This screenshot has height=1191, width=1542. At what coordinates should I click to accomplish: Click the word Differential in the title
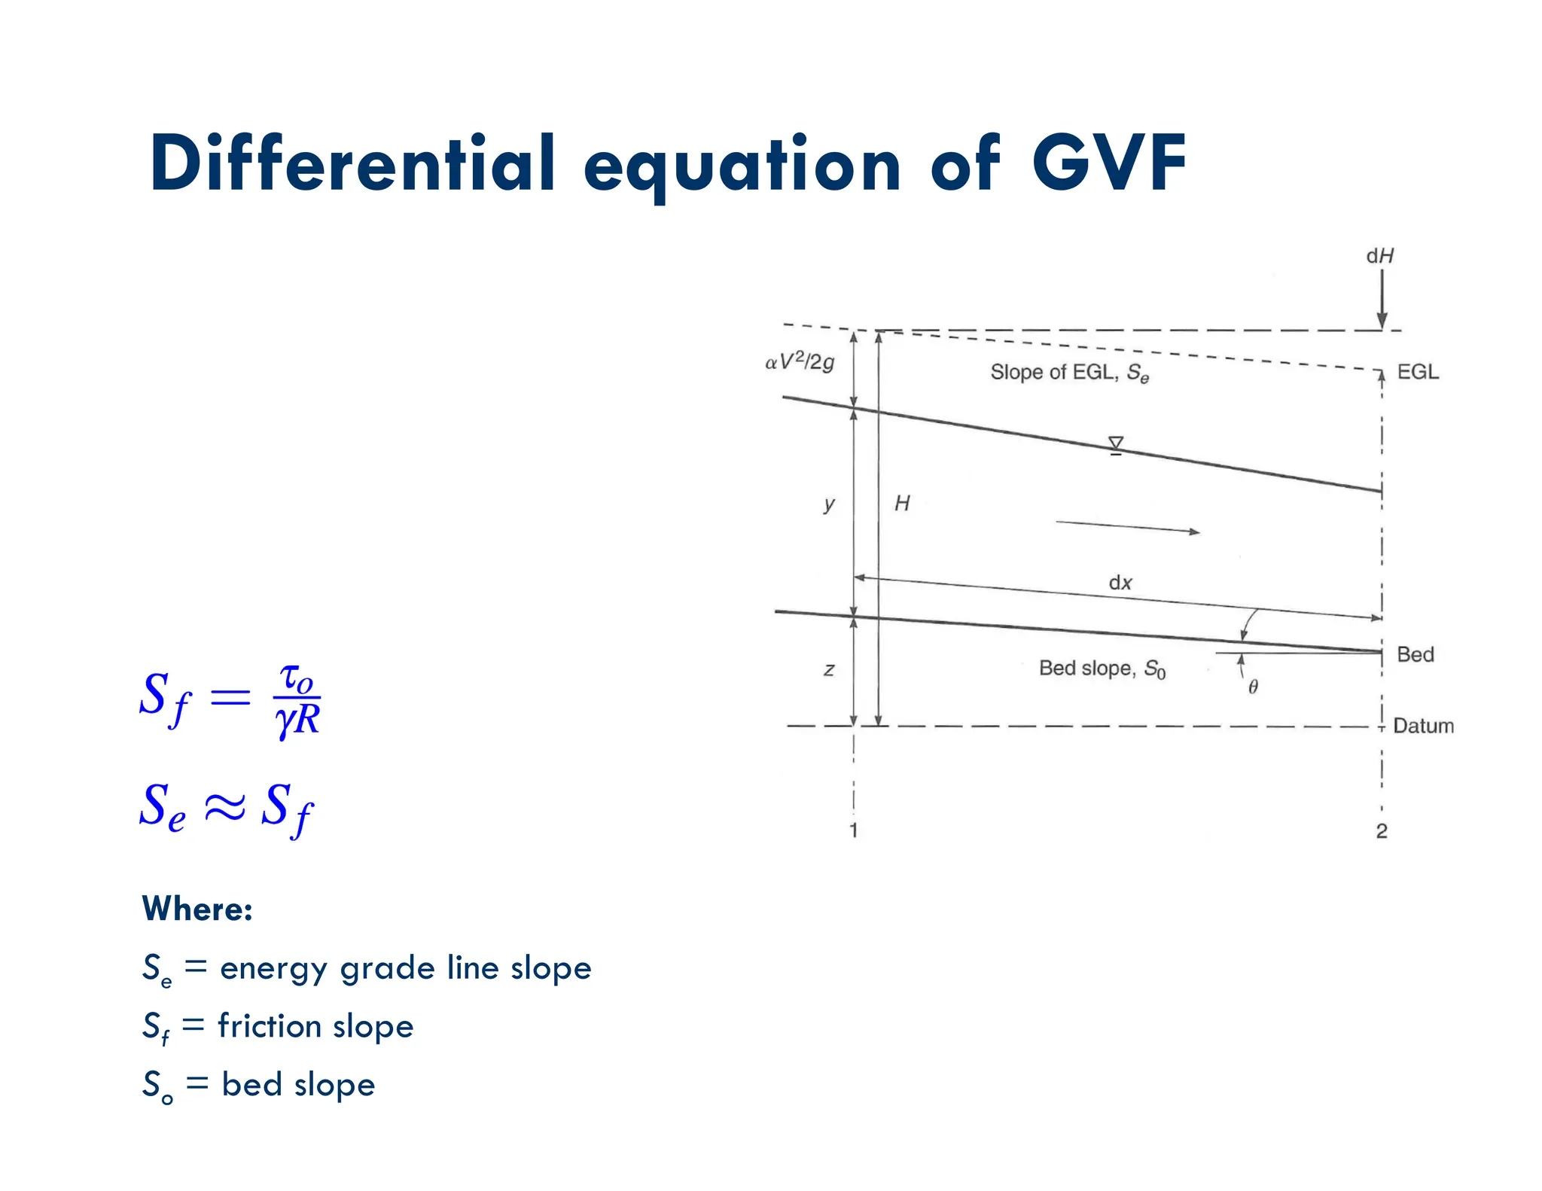click(x=352, y=163)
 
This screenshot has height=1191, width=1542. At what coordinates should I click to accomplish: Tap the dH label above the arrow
click(x=1380, y=256)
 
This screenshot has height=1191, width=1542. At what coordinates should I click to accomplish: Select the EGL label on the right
click(x=1417, y=372)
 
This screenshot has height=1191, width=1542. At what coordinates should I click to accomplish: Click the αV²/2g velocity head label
click(x=800, y=363)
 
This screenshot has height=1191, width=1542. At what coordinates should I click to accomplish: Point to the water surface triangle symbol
click(x=1116, y=445)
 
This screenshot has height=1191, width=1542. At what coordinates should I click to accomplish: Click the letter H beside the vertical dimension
click(x=902, y=503)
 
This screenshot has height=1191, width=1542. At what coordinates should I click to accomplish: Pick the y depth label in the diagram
click(x=829, y=504)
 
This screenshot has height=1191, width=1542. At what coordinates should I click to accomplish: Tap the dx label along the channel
click(x=1120, y=583)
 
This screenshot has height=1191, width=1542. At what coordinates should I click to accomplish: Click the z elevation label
click(x=829, y=669)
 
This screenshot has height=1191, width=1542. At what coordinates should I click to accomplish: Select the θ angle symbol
click(x=1253, y=687)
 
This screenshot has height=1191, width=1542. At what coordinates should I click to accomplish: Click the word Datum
click(x=1423, y=726)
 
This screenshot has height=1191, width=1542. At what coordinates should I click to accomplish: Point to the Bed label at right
click(x=1415, y=654)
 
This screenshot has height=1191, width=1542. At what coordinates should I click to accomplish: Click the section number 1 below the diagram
click(x=853, y=830)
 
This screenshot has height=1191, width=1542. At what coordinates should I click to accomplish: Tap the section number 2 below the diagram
click(x=1381, y=830)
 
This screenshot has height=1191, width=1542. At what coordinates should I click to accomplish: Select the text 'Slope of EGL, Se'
click(x=1069, y=373)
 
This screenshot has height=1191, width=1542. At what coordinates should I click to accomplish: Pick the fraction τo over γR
click(x=298, y=700)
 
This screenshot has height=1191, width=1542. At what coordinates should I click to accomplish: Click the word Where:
click(x=197, y=909)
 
